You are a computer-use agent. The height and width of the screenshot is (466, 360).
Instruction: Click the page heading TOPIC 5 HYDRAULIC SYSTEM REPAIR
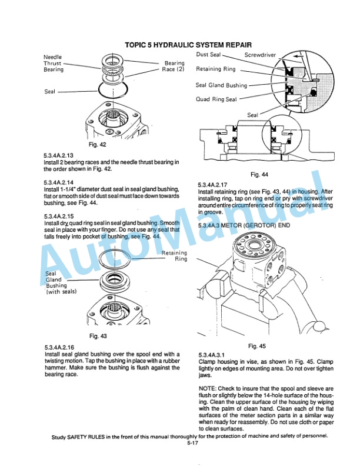click(188, 45)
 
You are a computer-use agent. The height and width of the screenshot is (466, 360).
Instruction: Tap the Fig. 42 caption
click(96, 144)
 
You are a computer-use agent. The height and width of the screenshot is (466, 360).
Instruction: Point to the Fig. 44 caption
click(259, 175)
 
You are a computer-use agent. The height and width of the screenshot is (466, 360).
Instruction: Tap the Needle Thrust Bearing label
click(54, 63)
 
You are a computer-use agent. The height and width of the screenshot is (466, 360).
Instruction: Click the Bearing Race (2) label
click(174, 66)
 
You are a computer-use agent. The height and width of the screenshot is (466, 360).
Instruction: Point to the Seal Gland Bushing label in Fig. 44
click(221, 85)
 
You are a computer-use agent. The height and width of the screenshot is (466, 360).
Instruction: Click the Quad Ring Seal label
click(216, 99)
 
